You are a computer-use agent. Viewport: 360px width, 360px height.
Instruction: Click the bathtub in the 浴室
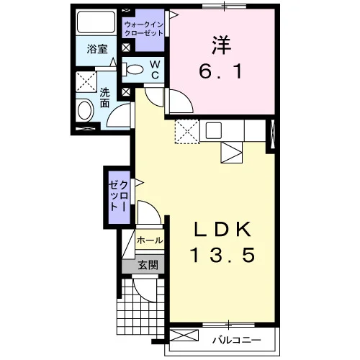pyautogui.click(x=96, y=22)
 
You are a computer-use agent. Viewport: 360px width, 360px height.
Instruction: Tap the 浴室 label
pyautogui.click(x=97, y=49)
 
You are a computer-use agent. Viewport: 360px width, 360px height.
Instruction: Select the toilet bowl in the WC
pyautogui.click(x=132, y=69)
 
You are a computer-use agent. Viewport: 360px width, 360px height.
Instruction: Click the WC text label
pyautogui.click(x=155, y=70)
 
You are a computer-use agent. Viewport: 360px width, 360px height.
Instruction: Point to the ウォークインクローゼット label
pyautogui.click(x=144, y=29)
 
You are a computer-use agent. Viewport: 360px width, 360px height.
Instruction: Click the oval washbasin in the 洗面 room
pyautogui.click(x=85, y=110)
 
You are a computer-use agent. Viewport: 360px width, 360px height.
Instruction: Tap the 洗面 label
pyautogui.click(x=104, y=98)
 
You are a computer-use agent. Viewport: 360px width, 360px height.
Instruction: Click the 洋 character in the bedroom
pyautogui.click(x=221, y=45)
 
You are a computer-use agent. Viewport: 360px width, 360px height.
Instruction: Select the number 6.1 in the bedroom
pyautogui.click(x=220, y=72)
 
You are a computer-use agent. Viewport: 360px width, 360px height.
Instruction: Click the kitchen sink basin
pyautogui.click(x=213, y=130)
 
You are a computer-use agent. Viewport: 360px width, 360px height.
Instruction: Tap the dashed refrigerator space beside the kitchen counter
pyautogui.click(x=187, y=132)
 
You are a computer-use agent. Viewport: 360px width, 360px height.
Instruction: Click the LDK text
pyautogui.click(x=223, y=230)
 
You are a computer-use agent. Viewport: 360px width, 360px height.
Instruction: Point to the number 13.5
pyautogui.click(x=222, y=255)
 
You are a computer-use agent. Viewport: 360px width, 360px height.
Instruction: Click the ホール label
pyautogui.click(x=150, y=240)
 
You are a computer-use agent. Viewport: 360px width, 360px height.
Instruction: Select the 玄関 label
pyautogui.click(x=148, y=265)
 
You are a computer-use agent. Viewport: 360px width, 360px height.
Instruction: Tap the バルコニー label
pyautogui.click(x=237, y=340)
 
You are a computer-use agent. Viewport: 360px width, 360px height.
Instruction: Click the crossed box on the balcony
pyautogui.click(x=184, y=336)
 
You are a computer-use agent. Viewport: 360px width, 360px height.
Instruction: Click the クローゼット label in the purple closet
pyautogui.click(x=119, y=195)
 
